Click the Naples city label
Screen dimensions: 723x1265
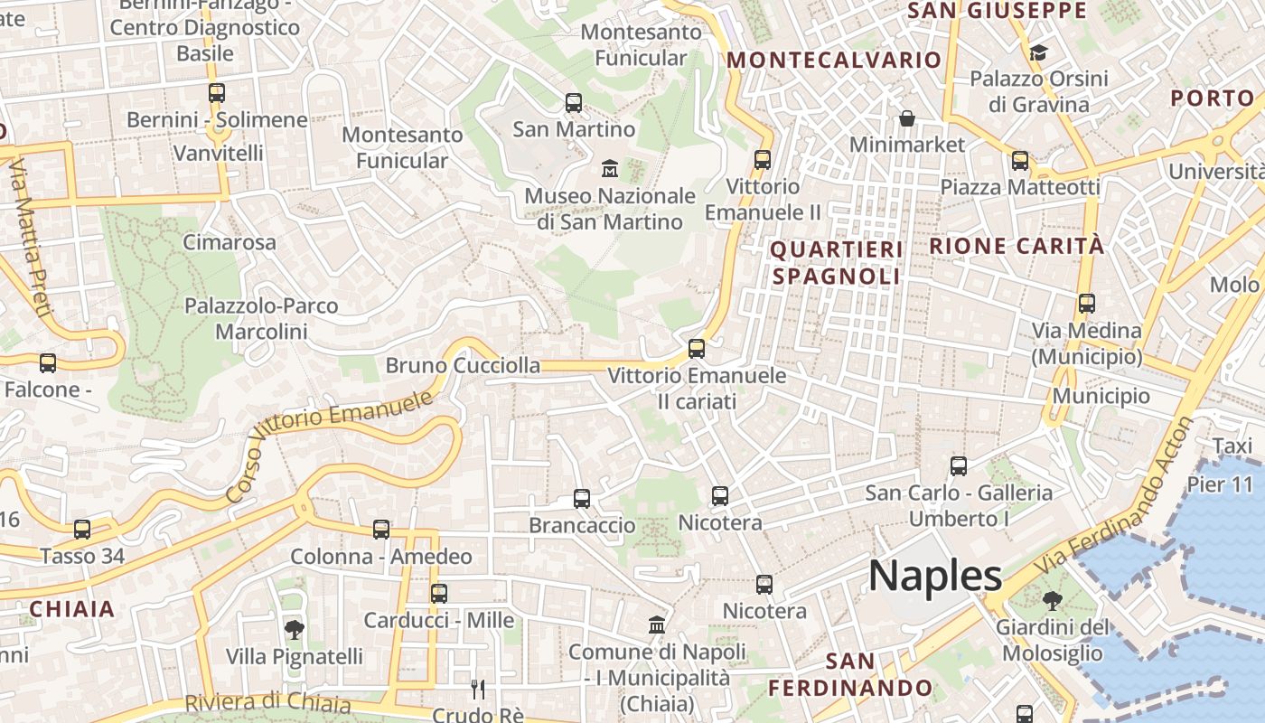(x=935, y=576)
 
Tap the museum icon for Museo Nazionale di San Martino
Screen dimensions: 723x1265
(x=610, y=168)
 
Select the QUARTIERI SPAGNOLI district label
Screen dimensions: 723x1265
(x=836, y=262)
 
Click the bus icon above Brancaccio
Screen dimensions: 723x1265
(x=582, y=498)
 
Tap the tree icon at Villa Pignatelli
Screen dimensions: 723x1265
(x=294, y=629)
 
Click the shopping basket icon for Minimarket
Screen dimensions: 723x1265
(x=907, y=118)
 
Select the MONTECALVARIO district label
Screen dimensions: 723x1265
(x=834, y=60)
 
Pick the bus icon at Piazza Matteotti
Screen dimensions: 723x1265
(x=1020, y=161)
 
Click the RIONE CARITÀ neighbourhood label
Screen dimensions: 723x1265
(x=1017, y=245)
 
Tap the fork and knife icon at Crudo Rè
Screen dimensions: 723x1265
(x=478, y=690)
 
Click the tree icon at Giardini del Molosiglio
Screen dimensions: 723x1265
(x=1052, y=600)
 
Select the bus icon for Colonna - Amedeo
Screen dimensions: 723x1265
(x=381, y=530)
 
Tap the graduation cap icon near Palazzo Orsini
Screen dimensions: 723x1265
(x=1038, y=52)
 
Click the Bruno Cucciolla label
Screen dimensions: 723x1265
(x=463, y=365)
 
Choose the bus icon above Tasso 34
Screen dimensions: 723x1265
(x=82, y=530)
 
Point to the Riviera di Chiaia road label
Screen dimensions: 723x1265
(x=267, y=702)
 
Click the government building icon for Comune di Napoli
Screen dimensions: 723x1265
(x=657, y=624)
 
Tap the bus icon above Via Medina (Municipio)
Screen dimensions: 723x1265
(x=1086, y=304)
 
